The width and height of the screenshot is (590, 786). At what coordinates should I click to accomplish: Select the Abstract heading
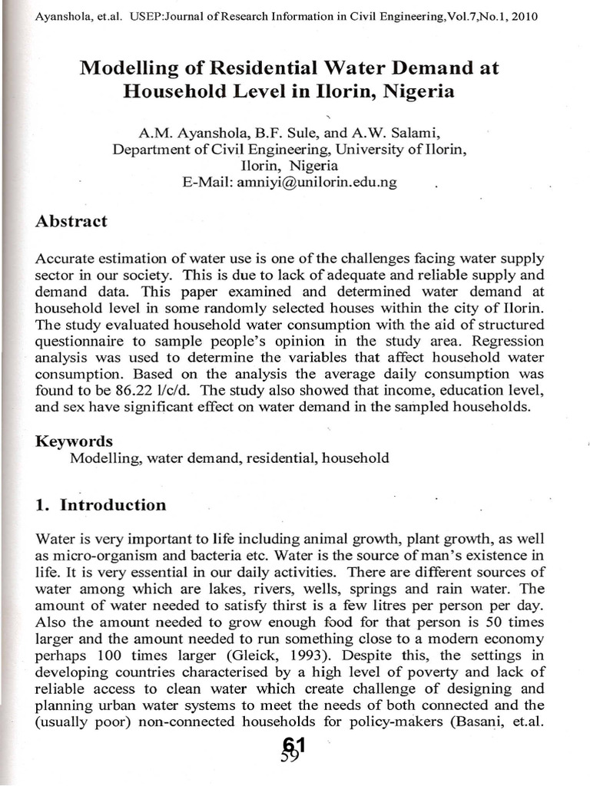coord(71,222)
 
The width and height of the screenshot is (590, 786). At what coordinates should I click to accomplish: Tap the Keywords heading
coord(75,441)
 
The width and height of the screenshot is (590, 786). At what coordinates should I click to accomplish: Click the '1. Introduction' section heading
coord(101,505)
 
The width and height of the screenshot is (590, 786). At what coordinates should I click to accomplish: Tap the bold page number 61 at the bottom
coord(294,744)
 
